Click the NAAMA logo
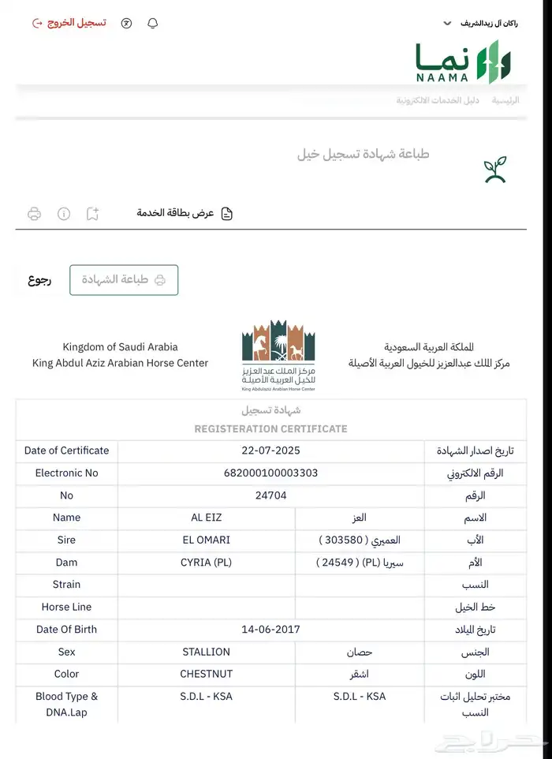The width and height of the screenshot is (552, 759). tap(464, 62)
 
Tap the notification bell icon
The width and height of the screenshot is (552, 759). tap(153, 23)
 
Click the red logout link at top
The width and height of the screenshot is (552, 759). tap(69, 23)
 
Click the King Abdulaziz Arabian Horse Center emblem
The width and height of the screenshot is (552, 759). tap(278, 356)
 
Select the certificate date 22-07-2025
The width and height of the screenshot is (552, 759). tap(270, 451)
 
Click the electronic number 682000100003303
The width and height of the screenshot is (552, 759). tap(270, 473)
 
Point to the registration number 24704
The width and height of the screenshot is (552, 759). tap(270, 495)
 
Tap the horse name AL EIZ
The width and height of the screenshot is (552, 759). tap(207, 518)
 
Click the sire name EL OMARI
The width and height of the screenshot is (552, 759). tap(207, 540)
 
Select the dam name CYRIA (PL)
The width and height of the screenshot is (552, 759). tap(207, 563)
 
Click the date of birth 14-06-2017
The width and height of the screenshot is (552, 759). tap(270, 630)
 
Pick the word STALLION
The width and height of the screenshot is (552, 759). tap(207, 652)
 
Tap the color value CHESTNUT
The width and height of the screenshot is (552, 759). tap(207, 675)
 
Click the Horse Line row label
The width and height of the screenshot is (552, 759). tap(66, 608)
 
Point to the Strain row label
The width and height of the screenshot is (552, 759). tap(66, 585)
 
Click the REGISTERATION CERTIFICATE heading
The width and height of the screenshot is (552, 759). tap(270, 429)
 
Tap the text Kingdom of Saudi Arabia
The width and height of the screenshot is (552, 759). tap(120, 347)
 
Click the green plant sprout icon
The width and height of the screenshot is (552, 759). tap(495, 170)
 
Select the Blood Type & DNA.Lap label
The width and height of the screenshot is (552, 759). tap(66, 705)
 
